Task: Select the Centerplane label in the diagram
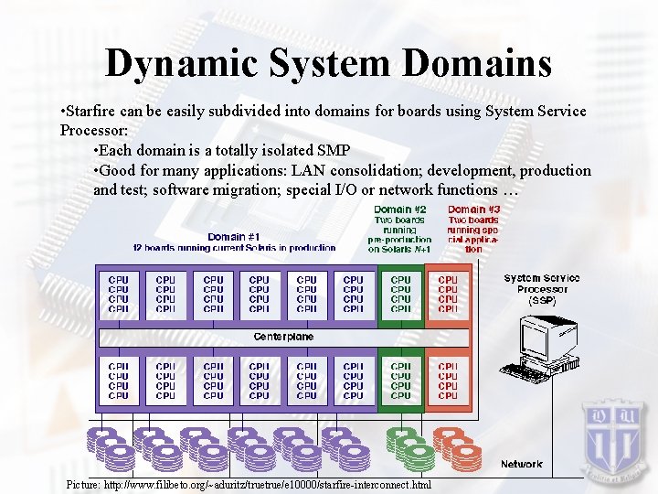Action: click(x=283, y=337)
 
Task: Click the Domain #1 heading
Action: click(x=234, y=237)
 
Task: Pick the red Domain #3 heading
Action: click(x=472, y=209)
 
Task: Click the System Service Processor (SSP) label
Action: click(x=542, y=288)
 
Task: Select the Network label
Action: click(x=521, y=464)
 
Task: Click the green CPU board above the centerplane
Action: click(x=400, y=295)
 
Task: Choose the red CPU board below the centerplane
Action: click(x=448, y=381)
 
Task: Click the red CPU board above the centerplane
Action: click(x=448, y=295)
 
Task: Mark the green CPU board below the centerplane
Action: click(x=400, y=381)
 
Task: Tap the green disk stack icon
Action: click(x=410, y=446)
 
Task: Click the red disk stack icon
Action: click(x=456, y=446)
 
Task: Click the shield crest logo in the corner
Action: click(x=615, y=431)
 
